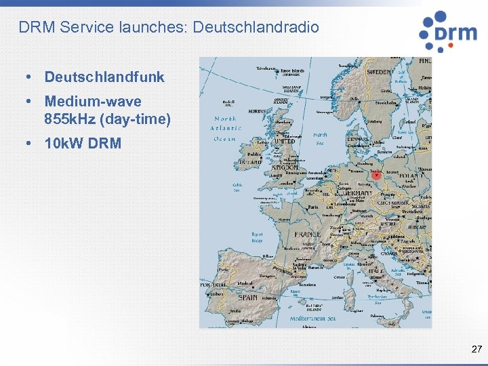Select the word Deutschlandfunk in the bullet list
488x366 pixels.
click(x=104, y=77)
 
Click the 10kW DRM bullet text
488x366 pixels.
click(x=83, y=144)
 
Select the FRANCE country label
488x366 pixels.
click(x=307, y=235)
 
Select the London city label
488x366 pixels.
click(x=287, y=182)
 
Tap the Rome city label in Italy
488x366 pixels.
click(x=375, y=277)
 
